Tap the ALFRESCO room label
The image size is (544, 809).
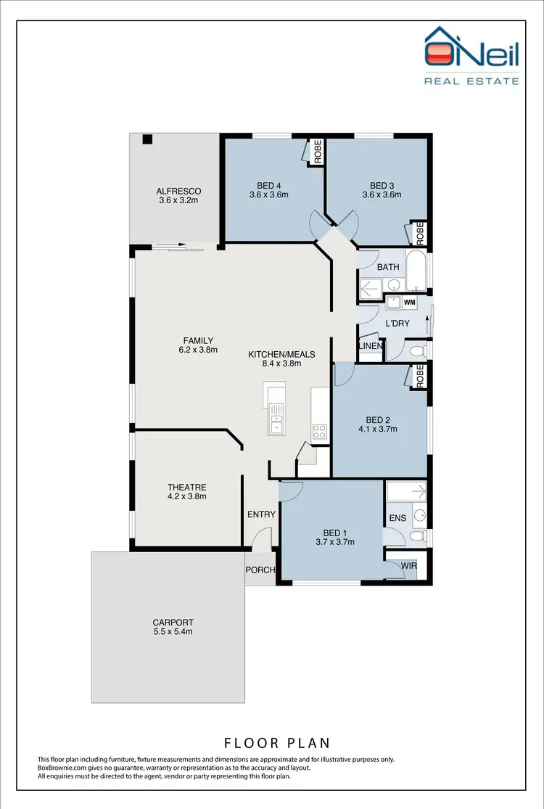pos(178,192)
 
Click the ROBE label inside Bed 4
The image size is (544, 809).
pos(317,152)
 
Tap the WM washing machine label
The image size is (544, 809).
pos(409,302)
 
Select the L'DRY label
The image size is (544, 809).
pos(397,323)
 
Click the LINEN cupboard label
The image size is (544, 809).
pos(371,346)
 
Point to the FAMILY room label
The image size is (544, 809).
pos(197,340)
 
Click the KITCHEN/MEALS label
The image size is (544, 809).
pos(281,354)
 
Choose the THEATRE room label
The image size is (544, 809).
pos(187,488)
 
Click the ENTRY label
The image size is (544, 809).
pos(261,514)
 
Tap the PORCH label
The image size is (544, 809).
pos(260,570)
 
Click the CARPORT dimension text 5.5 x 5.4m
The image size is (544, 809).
pos(173,632)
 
